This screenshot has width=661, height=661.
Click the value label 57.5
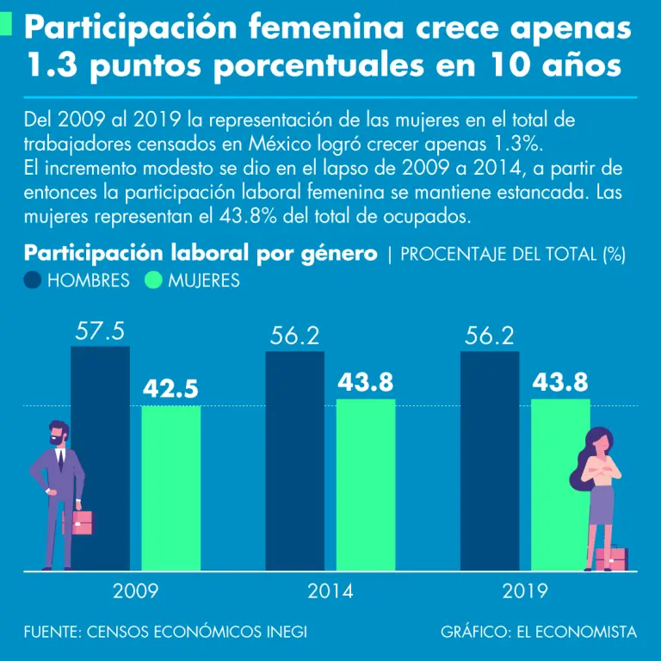(x=100, y=331)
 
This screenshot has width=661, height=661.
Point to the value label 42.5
(x=170, y=390)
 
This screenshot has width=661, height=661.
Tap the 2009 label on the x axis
(x=135, y=592)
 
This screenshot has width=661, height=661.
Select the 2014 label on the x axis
(x=330, y=592)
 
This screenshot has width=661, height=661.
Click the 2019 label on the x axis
(x=524, y=592)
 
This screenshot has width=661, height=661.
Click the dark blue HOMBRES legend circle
(x=34, y=281)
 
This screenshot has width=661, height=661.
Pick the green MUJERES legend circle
(x=154, y=281)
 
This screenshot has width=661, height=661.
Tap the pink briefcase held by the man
(x=83, y=522)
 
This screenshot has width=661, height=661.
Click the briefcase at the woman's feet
(x=612, y=559)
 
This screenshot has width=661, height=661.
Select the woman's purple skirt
(x=601, y=504)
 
